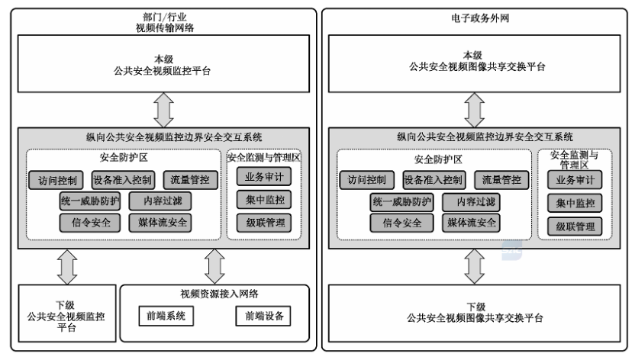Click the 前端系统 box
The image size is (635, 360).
tap(166, 317)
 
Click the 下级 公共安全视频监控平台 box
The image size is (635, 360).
tap(66, 312)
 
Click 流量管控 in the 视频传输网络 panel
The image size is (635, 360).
tap(191, 180)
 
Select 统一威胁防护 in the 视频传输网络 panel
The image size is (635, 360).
tap(90, 201)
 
